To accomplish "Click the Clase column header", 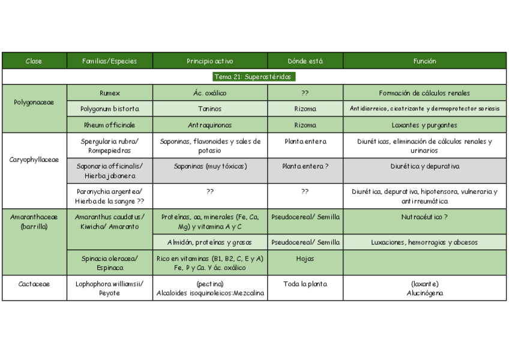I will [x=34, y=61].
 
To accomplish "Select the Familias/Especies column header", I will [x=109, y=61].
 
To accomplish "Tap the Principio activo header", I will [x=210, y=61].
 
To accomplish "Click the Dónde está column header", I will [x=305, y=61].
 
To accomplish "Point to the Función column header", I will [x=424, y=61].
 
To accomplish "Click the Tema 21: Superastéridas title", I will [x=254, y=77].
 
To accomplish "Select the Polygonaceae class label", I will [x=34, y=102].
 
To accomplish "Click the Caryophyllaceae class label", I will [x=34, y=160].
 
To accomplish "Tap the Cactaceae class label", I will [x=34, y=284].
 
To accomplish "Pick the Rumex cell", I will [x=110, y=93].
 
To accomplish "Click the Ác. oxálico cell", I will [x=210, y=93].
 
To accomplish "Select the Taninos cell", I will [x=210, y=109].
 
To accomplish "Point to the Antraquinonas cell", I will [x=210, y=125].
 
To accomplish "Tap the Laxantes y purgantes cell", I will [x=424, y=125].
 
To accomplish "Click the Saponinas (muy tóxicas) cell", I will [x=210, y=166].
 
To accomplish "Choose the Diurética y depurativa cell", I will [x=424, y=166].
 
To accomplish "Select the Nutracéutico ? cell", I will [x=424, y=217].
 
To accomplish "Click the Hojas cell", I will [x=305, y=259].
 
